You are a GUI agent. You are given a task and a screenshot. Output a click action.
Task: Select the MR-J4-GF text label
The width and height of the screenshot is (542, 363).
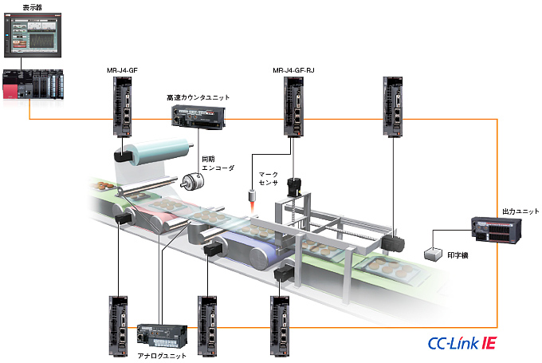click(124, 70)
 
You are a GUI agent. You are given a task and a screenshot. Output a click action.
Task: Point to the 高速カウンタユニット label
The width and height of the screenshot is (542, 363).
click(198, 97)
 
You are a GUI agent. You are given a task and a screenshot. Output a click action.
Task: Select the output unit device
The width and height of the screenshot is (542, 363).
click(496, 231)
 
